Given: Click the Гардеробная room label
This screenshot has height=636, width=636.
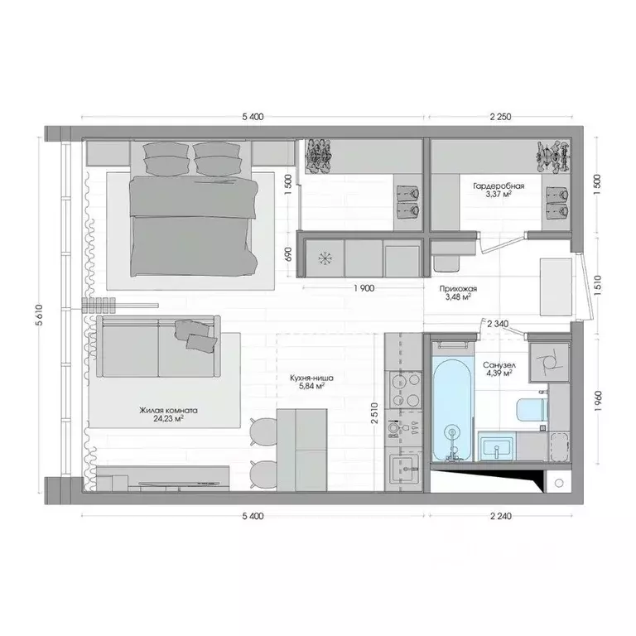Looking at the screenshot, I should [492, 185].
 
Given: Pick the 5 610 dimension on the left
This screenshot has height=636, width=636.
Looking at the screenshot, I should [39, 314].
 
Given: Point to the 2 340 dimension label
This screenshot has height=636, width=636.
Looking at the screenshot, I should [499, 324].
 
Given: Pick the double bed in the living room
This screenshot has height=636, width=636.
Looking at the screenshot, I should [192, 218].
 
